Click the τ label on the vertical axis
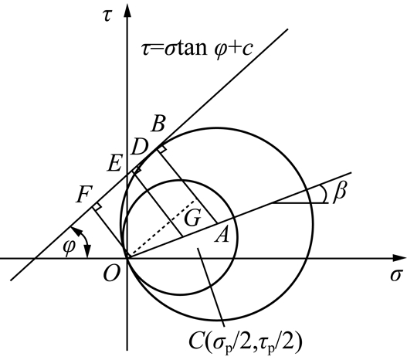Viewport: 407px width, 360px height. (107, 16)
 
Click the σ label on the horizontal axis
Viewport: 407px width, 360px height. (396, 275)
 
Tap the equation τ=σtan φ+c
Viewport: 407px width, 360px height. (197, 49)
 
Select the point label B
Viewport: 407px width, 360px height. (158, 124)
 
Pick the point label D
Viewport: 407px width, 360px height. (140, 147)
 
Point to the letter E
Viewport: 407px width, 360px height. (114, 164)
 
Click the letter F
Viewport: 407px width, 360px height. (84, 195)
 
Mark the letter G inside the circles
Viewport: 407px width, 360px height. (192, 218)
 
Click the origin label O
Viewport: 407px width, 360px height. (112, 274)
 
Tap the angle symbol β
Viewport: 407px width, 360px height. (340, 192)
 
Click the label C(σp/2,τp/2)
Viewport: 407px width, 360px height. (246, 342)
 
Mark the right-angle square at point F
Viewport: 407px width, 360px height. (97, 206)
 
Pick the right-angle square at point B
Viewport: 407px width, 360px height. (161, 149)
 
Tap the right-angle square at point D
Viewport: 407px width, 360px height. (137, 169)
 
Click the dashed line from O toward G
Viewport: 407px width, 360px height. (161, 229)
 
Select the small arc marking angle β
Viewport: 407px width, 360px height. (324, 194)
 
